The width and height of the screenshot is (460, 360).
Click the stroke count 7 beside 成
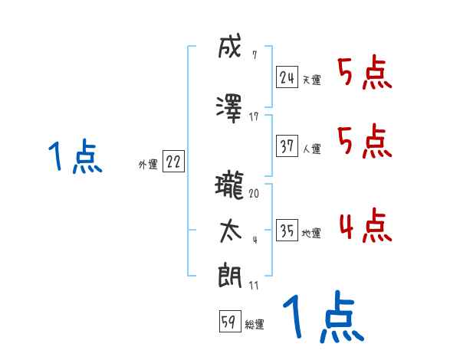[254, 54]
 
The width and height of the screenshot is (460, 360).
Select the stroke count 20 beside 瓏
[254, 193]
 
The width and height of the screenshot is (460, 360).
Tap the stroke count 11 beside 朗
[254, 285]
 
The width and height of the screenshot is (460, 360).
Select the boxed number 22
[173, 162]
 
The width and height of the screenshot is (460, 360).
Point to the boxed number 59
[229, 322]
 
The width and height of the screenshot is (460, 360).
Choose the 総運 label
[255, 325]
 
